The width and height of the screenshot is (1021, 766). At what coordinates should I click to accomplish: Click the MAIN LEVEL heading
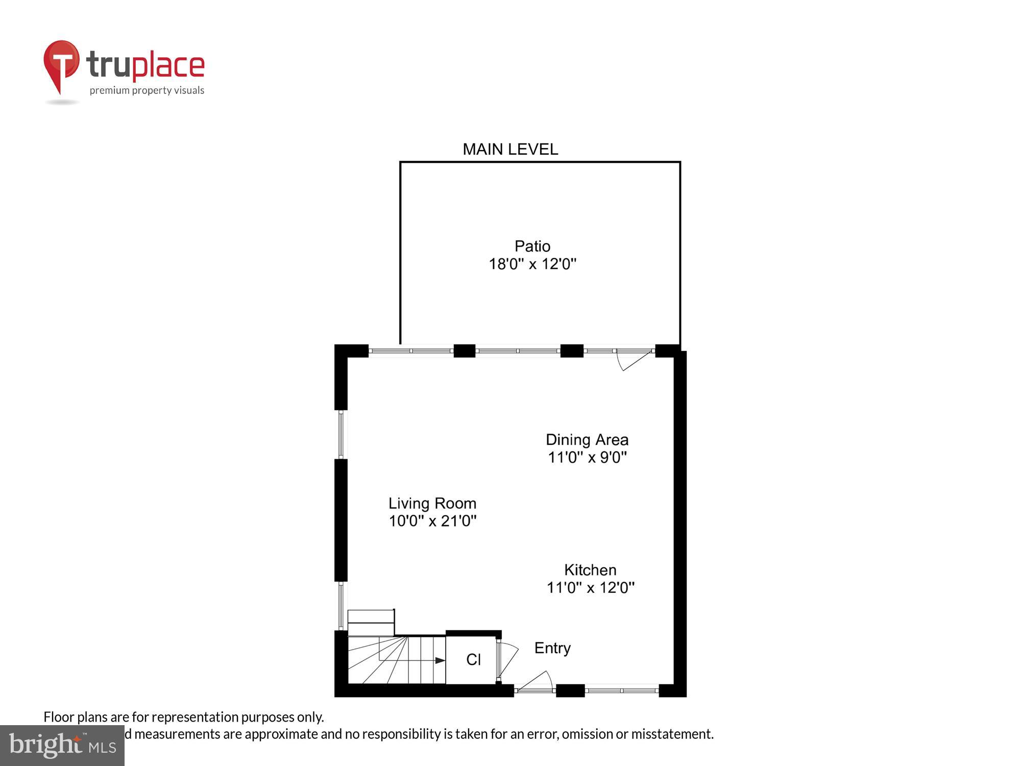tap(510, 149)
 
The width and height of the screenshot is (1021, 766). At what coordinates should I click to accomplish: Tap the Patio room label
tap(532, 246)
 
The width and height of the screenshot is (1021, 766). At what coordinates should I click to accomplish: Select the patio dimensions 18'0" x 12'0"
tap(532, 264)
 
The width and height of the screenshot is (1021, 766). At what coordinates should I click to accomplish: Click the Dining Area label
tap(587, 440)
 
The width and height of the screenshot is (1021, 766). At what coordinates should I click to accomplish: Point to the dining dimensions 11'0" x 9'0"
tap(587, 457)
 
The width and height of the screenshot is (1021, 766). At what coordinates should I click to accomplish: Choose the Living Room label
tap(432, 504)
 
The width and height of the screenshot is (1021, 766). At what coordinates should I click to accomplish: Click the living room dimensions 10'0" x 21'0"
tap(432, 521)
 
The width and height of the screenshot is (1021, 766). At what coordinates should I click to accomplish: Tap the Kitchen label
tap(590, 570)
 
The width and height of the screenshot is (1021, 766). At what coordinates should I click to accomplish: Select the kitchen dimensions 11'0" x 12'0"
tap(590, 588)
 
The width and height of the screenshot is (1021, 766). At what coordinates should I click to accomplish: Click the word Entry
tap(552, 648)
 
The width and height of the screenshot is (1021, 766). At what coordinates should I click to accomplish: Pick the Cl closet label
tap(473, 660)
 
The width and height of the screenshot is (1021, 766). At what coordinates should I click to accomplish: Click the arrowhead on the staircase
tap(440, 660)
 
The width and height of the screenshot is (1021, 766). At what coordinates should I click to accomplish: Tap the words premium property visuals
tap(147, 91)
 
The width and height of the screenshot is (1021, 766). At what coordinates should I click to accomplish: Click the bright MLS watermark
tap(62, 746)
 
